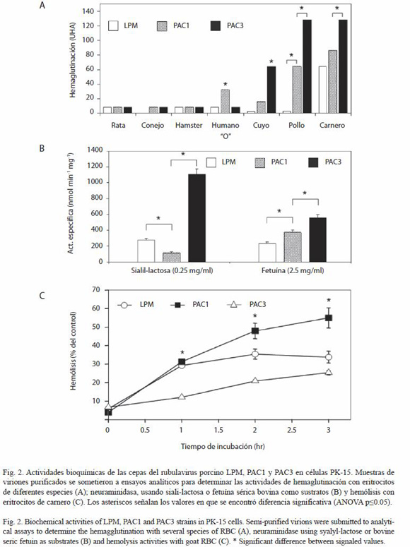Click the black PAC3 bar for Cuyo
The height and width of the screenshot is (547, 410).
[x=271, y=90]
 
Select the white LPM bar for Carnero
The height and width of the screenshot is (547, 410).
[x=323, y=90]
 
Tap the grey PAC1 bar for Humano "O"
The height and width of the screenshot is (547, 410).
[x=225, y=101]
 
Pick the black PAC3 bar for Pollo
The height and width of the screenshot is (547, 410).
[x=307, y=66]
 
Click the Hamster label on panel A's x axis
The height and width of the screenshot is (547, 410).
[x=189, y=125]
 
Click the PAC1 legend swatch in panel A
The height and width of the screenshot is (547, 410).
[x=161, y=26]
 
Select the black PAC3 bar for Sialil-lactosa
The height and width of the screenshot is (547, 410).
[x=197, y=218]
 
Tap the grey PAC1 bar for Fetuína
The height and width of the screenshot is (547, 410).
[x=293, y=247]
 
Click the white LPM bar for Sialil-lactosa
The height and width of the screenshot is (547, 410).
[x=146, y=251]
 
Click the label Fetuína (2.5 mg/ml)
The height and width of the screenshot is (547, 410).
[x=293, y=270]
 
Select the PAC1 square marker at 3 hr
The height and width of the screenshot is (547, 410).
[x=329, y=318]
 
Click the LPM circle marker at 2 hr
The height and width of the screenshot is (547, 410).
[x=255, y=354]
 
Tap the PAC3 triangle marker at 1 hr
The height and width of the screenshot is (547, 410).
[x=182, y=397]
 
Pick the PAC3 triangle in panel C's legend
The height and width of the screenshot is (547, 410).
[x=234, y=304]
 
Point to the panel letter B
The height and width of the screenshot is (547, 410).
[x=42, y=148]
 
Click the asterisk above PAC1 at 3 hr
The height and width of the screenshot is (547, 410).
[x=329, y=301]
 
